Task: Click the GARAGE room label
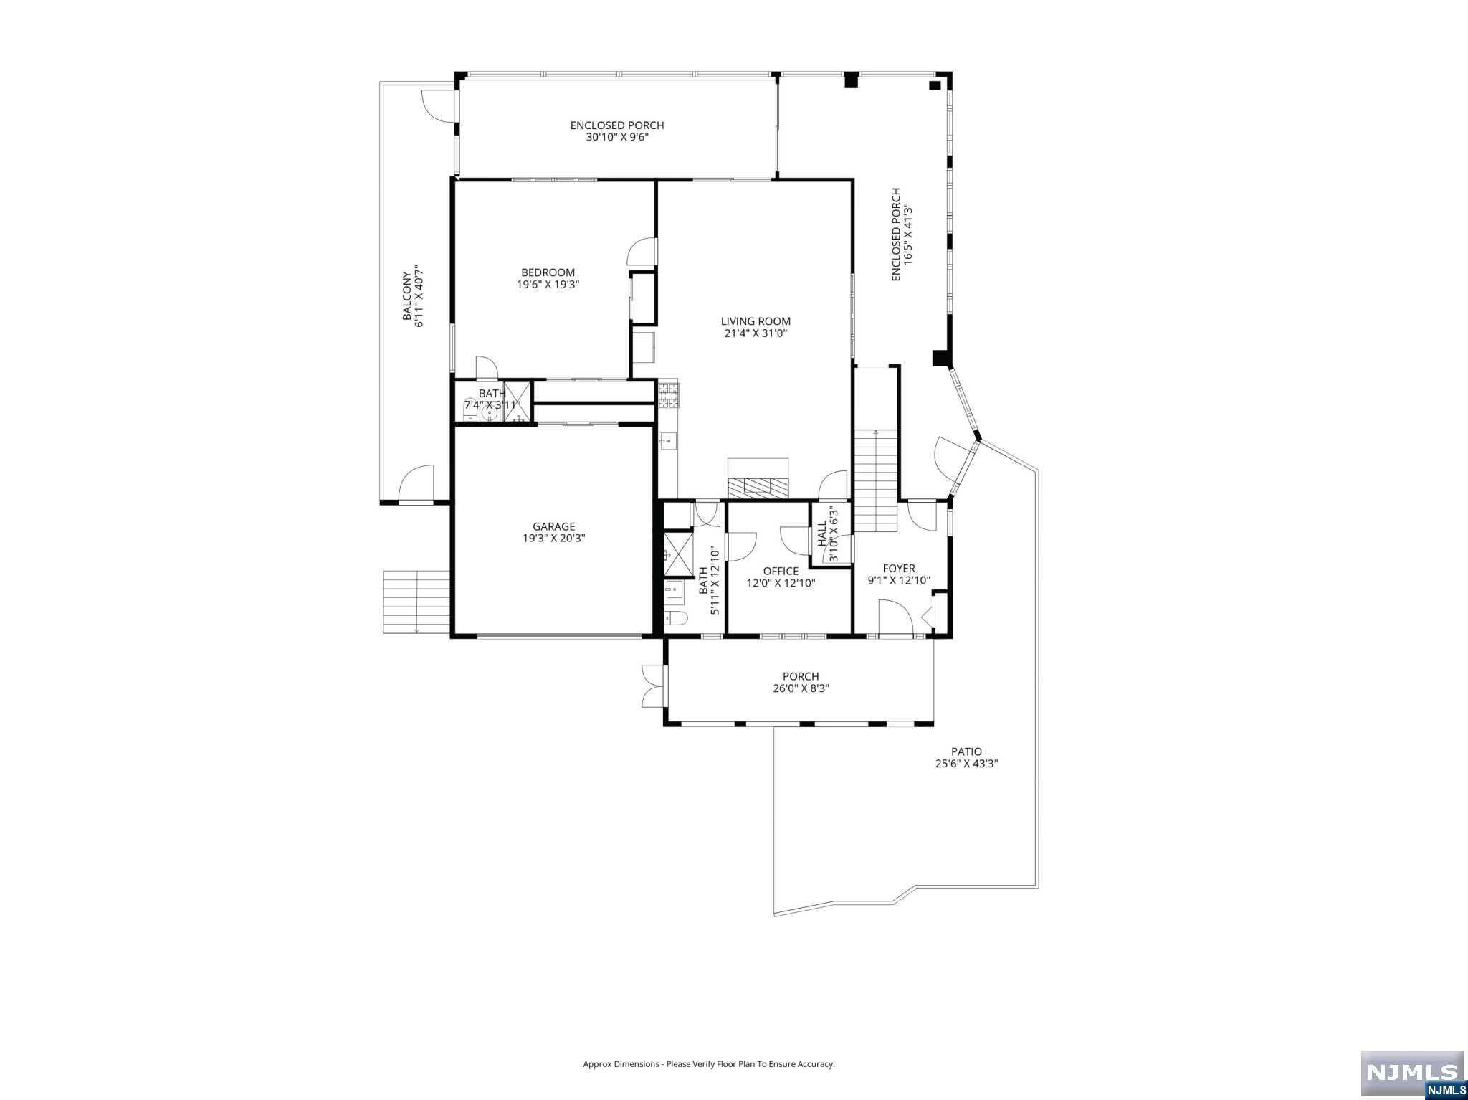tap(553, 526)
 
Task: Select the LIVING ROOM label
tap(756, 321)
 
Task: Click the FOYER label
tap(899, 569)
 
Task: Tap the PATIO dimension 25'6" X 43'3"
tap(966, 764)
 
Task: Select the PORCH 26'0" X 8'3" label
tap(801, 682)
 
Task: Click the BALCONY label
tap(406, 295)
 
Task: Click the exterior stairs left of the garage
tap(416, 602)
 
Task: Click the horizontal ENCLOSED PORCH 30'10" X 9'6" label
tap(617, 131)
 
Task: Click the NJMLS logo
tap(1412, 1073)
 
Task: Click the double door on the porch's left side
tap(653, 686)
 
